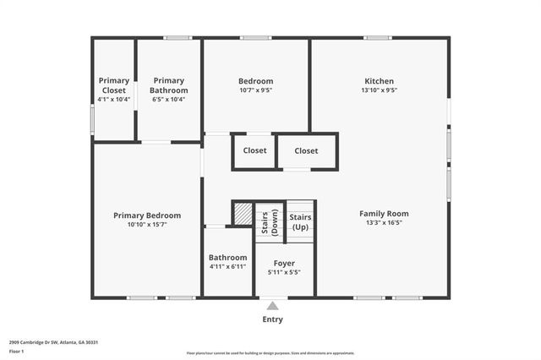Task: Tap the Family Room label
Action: click(x=384, y=214)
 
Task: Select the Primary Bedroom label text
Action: click(x=147, y=215)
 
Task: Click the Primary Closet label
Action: click(x=113, y=85)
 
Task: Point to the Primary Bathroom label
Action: click(x=168, y=85)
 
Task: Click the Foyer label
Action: click(x=284, y=263)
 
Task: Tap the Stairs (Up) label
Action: click(x=300, y=222)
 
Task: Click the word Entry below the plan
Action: click(x=272, y=319)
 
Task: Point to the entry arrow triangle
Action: click(x=271, y=306)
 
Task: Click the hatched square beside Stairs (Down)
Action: click(x=243, y=213)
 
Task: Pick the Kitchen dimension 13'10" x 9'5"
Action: click(x=379, y=90)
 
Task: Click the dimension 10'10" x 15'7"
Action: click(x=147, y=225)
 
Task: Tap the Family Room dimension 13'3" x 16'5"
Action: click(x=384, y=223)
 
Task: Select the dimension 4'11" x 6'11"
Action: click(x=228, y=267)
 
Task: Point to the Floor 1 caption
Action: click(x=17, y=350)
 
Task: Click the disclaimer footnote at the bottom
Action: click(x=270, y=353)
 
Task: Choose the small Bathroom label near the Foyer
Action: click(x=228, y=258)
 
